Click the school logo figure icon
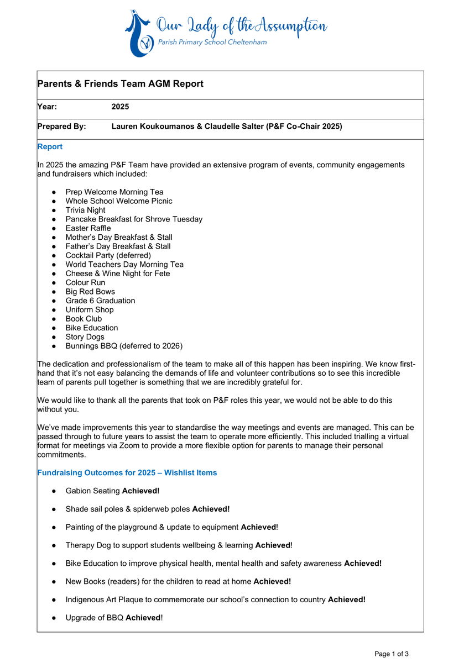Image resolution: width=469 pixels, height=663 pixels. [x=139, y=34]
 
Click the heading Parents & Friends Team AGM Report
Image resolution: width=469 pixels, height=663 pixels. [x=121, y=84]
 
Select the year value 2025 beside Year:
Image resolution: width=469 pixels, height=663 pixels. [x=120, y=107]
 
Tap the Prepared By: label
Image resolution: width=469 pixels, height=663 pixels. [x=61, y=127]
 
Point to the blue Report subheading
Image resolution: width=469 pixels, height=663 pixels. [x=50, y=146]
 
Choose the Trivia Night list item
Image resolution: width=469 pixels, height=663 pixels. [x=85, y=210]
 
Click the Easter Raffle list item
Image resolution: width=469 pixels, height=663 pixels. [x=88, y=228]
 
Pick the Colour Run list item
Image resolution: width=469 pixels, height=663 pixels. [x=85, y=282]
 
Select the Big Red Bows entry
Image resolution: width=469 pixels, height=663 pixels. [x=90, y=292]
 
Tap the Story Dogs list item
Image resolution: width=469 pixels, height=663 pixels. [x=85, y=337]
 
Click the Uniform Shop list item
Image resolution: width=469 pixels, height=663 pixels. [x=90, y=310]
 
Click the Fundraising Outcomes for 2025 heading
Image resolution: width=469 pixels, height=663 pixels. [x=127, y=472]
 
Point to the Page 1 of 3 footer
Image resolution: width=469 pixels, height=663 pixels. [x=392, y=654]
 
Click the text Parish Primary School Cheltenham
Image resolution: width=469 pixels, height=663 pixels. [x=211, y=43]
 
